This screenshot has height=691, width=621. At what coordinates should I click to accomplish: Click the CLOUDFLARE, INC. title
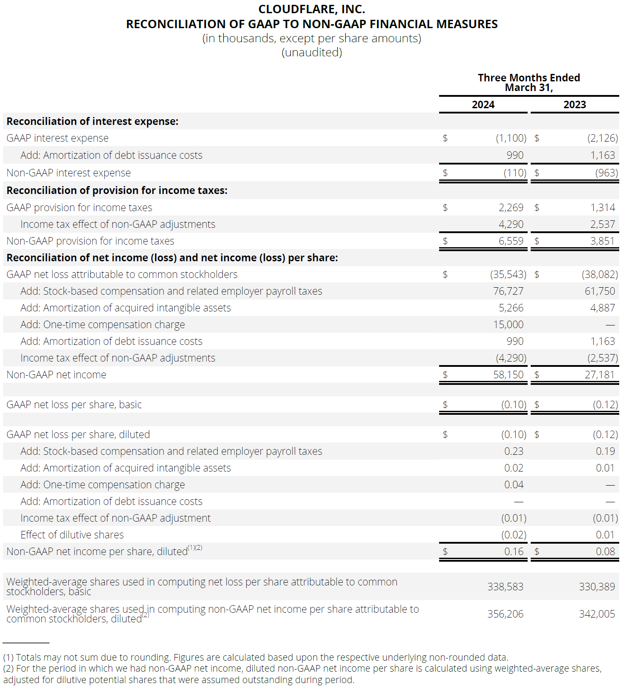click(x=311, y=9)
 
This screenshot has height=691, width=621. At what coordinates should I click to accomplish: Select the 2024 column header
click(x=483, y=105)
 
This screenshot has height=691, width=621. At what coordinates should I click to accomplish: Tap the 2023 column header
click(x=574, y=105)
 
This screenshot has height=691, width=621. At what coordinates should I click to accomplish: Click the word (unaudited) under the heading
click(x=311, y=52)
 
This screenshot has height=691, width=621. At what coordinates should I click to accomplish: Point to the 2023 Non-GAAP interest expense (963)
click(x=606, y=173)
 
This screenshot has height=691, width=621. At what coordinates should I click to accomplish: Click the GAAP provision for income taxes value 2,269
click(x=511, y=208)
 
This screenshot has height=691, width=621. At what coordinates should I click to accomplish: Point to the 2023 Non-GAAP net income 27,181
click(x=599, y=375)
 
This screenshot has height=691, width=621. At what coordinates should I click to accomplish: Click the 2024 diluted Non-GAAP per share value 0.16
click(x=514, y=552)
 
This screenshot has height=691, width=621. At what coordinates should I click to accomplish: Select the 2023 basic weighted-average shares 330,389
click(x=597, y=587)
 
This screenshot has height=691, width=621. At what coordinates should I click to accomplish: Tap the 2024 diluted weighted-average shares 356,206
click(x=505, y=614)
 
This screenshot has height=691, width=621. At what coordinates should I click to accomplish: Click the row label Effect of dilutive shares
click(x=72, y=535)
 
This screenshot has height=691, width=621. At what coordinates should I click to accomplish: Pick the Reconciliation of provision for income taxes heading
click(x=117, y=190)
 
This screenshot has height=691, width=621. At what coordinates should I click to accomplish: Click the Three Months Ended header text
click(x=529, y=78)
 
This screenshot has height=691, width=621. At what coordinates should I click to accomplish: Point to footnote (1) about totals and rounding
click(x=255, y=658)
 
